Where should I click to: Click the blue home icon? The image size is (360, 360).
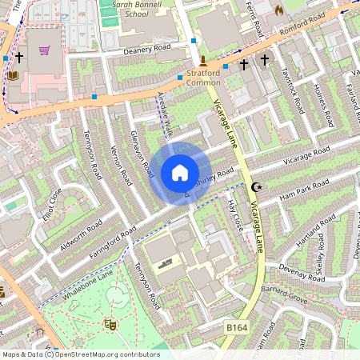(x=180, y=173)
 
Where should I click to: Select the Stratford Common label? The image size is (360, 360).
(x=203, y=78)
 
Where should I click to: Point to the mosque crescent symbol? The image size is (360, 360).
(x=257, y=187)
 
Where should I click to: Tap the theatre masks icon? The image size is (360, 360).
(x=110, y=324)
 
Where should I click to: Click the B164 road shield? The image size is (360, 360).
(x=236, y=328)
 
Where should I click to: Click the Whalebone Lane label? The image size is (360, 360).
(x=84, y=286)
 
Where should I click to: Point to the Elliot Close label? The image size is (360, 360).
(x=53, y=206)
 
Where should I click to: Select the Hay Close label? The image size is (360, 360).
(x=235, y=214)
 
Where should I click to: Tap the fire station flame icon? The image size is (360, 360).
(x=278, y=10)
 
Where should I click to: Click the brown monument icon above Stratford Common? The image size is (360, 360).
(x=203, y=61)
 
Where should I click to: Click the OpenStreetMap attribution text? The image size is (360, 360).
(x=80, y=354)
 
